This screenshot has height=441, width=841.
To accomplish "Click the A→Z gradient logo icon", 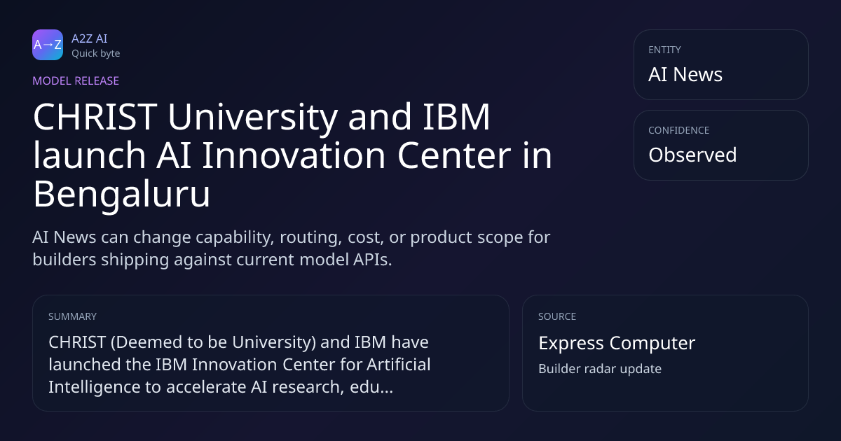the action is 48,45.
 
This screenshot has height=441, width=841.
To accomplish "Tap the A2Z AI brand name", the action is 90,38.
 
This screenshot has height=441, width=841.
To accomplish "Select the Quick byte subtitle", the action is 96,54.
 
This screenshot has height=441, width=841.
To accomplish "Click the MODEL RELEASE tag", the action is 76,81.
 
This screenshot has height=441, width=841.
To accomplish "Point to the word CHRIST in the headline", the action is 95,117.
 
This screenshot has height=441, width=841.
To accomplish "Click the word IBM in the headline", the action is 456,117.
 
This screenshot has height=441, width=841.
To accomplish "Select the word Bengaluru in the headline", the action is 121,195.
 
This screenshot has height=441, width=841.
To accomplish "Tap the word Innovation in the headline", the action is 294,155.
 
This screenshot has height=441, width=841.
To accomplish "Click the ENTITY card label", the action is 664,50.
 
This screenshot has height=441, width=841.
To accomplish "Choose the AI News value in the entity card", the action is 685,74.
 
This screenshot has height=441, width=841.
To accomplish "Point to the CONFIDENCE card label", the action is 679,130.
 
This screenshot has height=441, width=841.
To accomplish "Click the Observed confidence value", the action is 692,155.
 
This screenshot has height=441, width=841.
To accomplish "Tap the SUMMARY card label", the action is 72,317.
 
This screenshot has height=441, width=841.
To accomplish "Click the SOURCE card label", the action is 557,317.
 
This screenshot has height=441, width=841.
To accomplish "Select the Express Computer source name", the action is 617,343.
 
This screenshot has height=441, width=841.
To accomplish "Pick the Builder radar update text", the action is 600,369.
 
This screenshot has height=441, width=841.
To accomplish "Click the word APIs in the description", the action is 372,260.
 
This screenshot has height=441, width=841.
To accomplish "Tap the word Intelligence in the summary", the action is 95,387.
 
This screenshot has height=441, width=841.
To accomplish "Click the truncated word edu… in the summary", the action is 371,387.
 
